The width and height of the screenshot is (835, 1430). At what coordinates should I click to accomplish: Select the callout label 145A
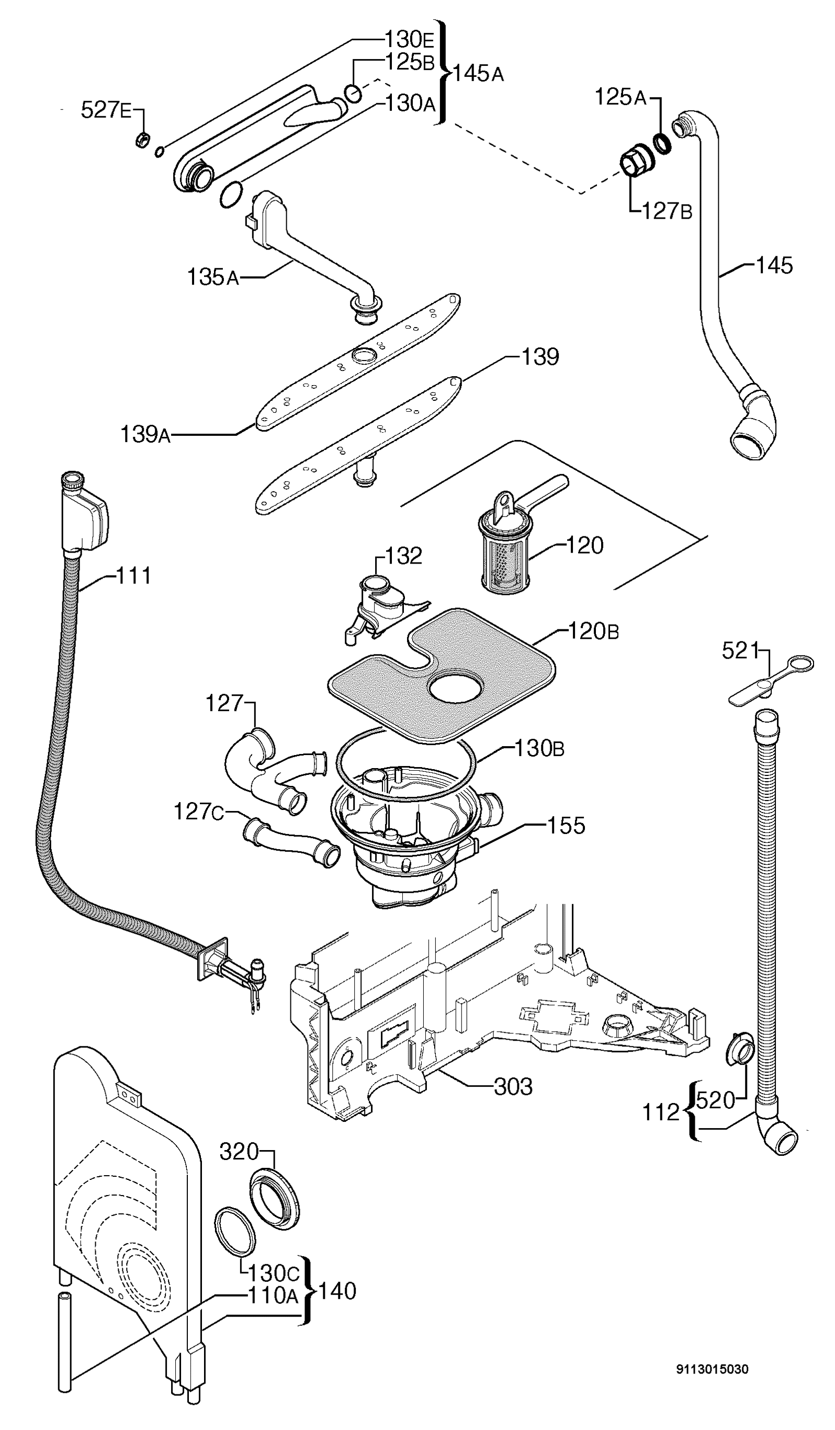pos(478,73)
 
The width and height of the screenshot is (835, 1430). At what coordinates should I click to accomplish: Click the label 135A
pos(213,277)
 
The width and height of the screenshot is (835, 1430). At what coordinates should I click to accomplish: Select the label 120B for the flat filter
pos(593,631)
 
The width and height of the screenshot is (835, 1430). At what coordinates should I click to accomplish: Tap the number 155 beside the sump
pos(566,826)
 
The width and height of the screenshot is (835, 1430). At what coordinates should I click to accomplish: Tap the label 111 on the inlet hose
pos(134,576)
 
